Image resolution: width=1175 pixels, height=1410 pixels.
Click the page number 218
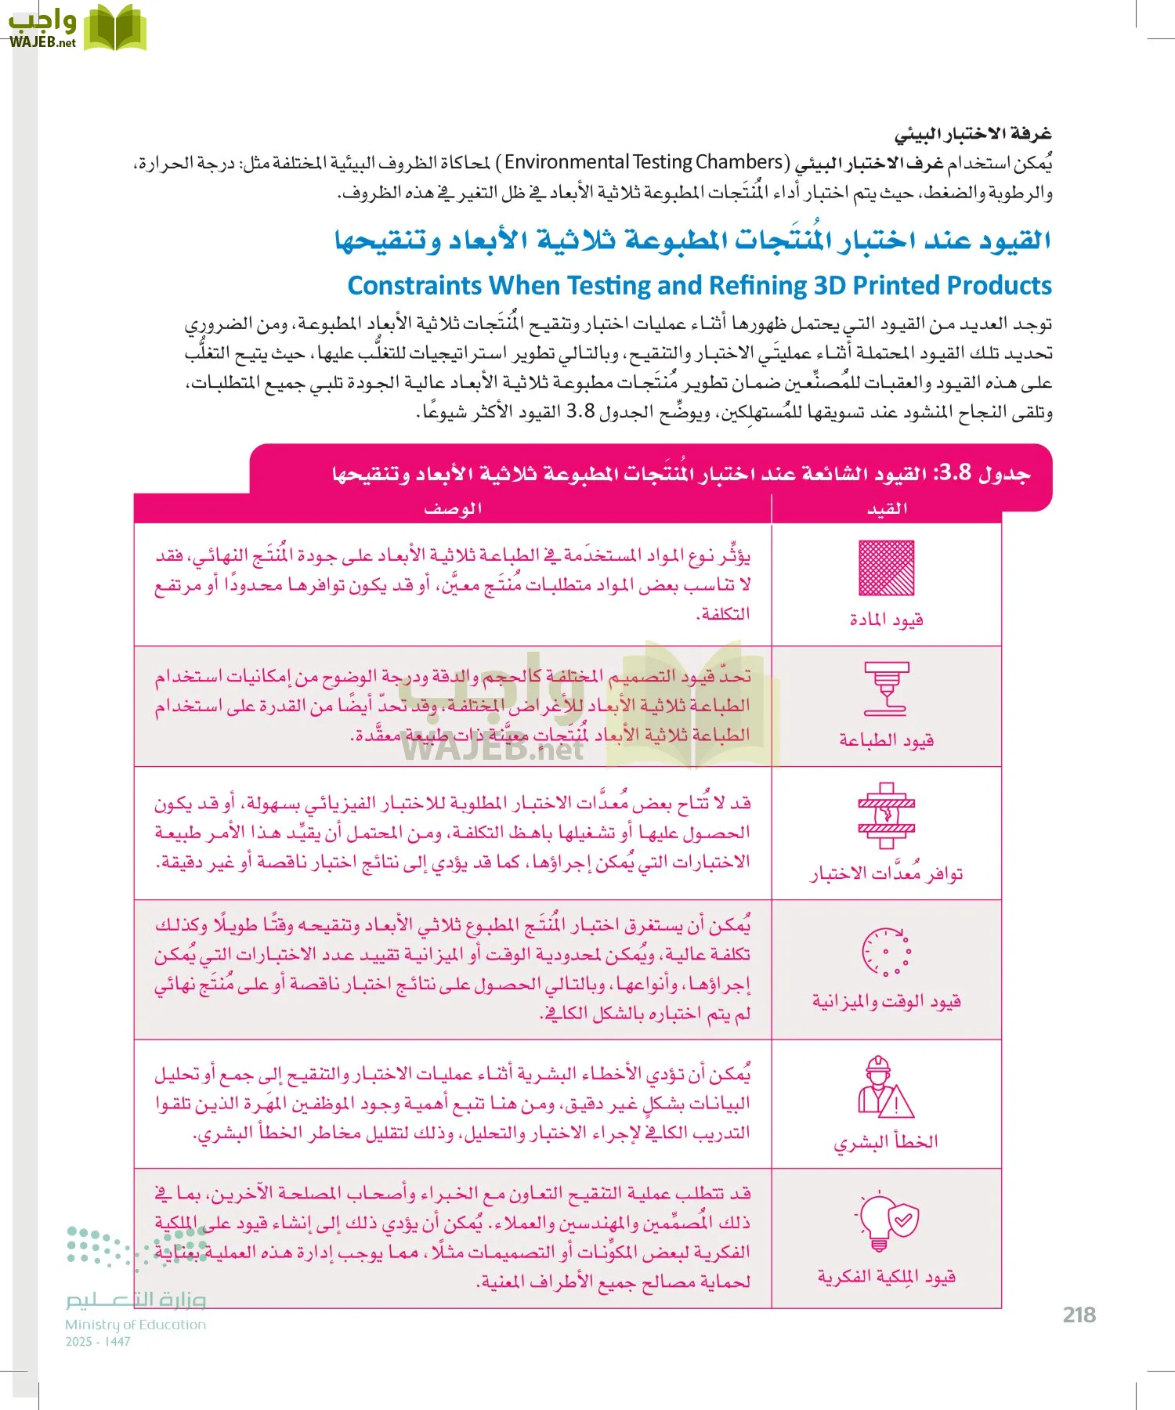click(1079, 1315)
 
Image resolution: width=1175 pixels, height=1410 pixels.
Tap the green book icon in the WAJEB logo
click(115, 27)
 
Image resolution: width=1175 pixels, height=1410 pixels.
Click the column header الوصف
click(453, 509)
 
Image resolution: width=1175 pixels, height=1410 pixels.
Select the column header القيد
click(887, 509)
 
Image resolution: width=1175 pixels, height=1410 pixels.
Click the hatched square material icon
click(886, 568)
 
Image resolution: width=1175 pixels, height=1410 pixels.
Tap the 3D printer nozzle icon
click(886, 689)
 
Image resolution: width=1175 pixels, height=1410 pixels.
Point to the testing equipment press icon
click(886, 815)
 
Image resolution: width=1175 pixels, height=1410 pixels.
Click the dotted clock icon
click(886, 952)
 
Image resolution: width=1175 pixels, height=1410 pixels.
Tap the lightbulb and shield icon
click(886, 1223)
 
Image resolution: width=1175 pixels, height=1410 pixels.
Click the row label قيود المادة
click(886, 620)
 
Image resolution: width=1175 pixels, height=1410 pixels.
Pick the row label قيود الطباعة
click(886, 740)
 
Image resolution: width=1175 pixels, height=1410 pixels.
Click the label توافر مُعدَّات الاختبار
click(886, 873)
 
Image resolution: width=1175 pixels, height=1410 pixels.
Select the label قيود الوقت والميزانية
click(886, 1001)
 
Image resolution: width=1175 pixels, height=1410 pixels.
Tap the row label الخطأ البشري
click(886, 1142)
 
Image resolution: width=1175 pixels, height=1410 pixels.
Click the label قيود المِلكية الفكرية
click(886, 1278)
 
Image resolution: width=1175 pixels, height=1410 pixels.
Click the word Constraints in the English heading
click(414, 286)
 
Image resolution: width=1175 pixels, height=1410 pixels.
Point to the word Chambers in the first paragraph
click(739, 162)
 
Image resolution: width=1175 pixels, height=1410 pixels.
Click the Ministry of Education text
click(136, 1325)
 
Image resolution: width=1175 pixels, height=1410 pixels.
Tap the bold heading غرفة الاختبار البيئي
click(973, 134)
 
